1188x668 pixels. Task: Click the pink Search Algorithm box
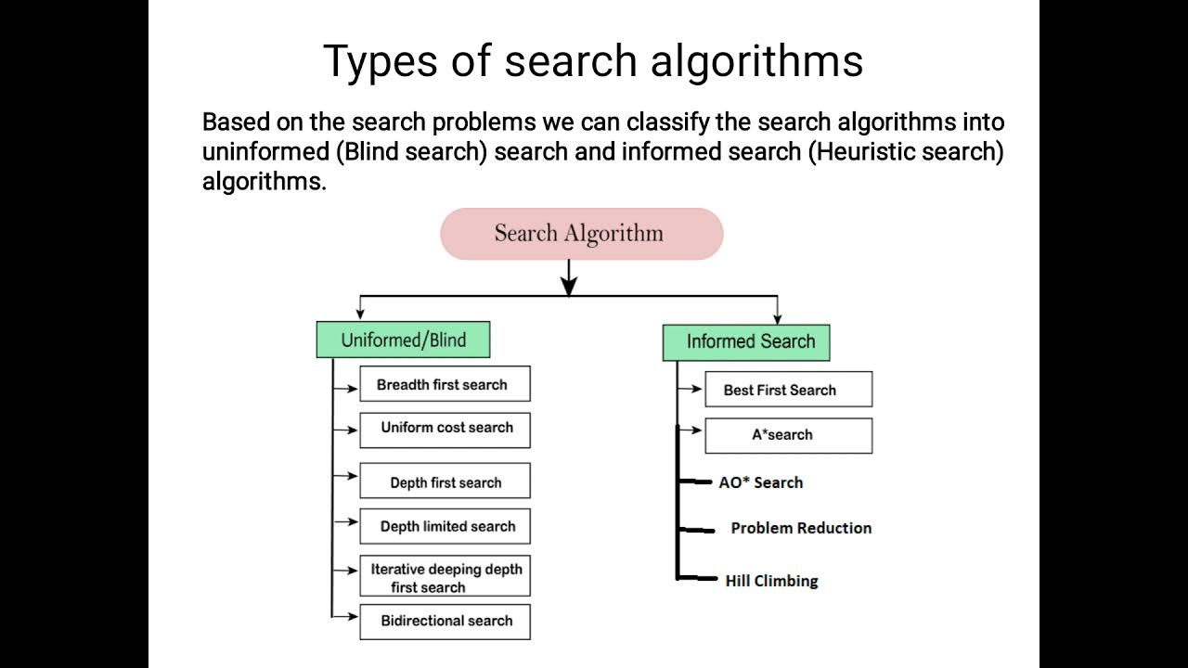click(x=582, y=234)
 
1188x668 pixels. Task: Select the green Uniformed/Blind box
click(x=403, y=340)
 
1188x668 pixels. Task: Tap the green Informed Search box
click(x=746, y=342)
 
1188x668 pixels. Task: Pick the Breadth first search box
click(x=445, y=383)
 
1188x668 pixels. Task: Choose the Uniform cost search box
click(x=445, y=430)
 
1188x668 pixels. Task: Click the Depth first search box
click(x=445, y=481)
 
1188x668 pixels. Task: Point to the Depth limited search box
click(x=445, y=526)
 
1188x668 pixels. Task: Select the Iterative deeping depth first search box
click(x=445, y=576)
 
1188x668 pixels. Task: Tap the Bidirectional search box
click(x=445, y=622)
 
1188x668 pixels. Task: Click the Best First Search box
click(x=789, y=389)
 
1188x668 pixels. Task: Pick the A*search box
click(x=789, y=436)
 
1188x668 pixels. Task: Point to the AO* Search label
click(x=760, y=482)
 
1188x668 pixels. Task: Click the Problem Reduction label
click(x=801, y=528)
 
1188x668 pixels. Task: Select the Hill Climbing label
click(x=771, y=581)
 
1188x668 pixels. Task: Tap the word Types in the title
click(x=380, y=62)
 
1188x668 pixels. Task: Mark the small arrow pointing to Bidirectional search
click(x=344, y=616)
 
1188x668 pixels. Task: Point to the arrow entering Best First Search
click(x=690, y=389)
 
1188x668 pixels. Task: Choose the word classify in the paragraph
click(x=667, y=122)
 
